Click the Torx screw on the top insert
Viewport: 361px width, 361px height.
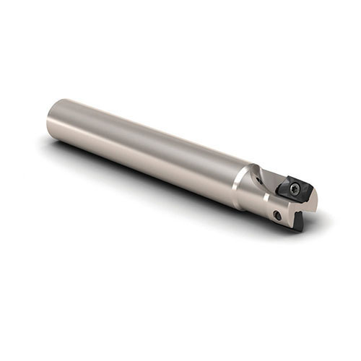295,187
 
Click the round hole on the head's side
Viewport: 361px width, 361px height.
277,214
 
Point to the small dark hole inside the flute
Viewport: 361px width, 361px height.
269,190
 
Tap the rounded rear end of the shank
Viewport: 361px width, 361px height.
52,119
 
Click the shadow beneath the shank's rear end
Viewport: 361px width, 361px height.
61,148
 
